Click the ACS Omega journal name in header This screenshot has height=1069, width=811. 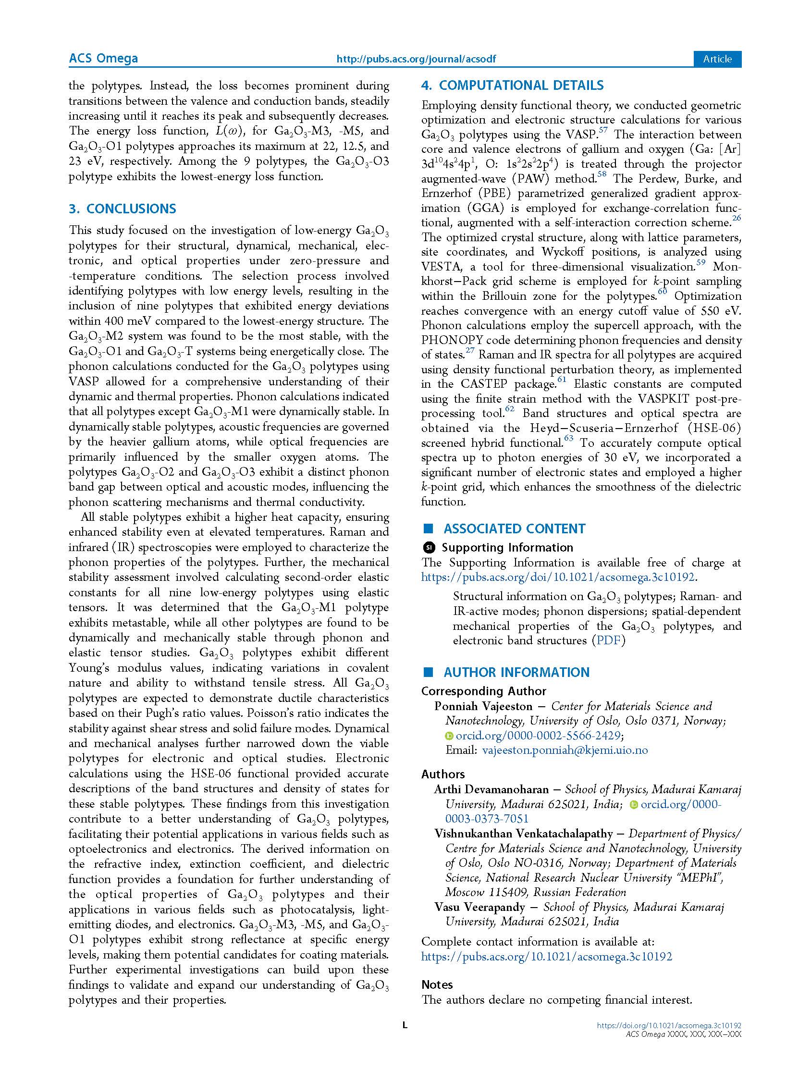tap(103, 59)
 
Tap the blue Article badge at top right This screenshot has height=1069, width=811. tap(717, 59)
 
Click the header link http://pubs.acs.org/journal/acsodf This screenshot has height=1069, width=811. tap(416, 60)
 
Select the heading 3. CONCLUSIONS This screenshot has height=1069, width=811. tap(123, 209)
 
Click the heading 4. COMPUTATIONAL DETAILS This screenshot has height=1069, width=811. tap(512, 86)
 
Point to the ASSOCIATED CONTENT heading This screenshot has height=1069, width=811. tap(514, 528)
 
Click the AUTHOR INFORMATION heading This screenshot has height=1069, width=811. tap(516, 672)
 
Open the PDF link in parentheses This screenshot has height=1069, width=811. tap(609, 640)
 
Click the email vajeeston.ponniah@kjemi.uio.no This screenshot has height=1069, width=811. tap(565, 750)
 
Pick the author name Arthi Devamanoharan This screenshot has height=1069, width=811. tap(491, 790)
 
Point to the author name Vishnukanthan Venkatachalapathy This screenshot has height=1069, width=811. tap(523, 834)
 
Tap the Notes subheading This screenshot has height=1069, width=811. tap(437, 984)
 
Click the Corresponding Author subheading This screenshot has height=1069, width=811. tap(483, 691)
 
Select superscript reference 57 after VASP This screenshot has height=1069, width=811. tap(603, 130)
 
